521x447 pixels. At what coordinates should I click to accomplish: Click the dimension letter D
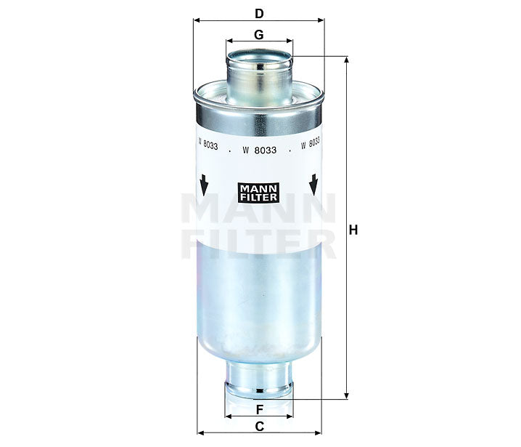[x=259, y=12]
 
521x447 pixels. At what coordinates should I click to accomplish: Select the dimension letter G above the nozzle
[x=259, y=34]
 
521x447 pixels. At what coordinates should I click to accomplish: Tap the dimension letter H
[x=354, y=230]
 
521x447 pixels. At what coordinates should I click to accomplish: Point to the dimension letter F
[x=259, y=408]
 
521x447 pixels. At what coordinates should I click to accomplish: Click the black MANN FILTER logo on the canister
[x=259, y=191]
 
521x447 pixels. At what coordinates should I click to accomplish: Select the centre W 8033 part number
[x=259, y=150]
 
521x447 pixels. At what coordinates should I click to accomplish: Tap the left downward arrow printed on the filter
[x=204, y=185]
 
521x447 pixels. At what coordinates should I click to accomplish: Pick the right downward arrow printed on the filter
[x=314, y=185]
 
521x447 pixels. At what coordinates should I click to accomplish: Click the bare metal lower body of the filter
[x=259, y=305]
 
